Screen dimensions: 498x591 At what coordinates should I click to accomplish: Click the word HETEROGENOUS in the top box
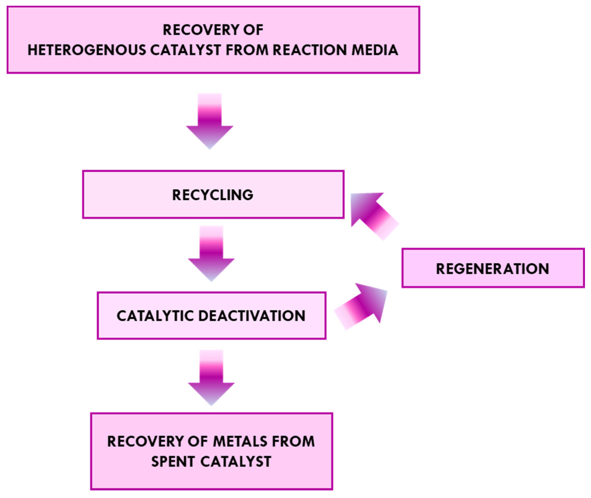click(x=87, y=50)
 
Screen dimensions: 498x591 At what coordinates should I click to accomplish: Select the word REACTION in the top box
click(x=309, y=50)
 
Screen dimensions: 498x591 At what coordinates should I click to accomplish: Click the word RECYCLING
click(x=213, y=195)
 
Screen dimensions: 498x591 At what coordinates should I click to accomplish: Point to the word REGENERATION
click(x=493, y=269)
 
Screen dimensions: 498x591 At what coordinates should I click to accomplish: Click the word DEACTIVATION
click(x=252, y=316)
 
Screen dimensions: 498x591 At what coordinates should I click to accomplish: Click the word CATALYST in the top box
click(x=186, y=50)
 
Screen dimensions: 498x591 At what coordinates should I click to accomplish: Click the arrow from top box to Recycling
click(x=210, y=122)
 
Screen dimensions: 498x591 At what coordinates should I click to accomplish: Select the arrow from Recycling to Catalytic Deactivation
click(x=211, y=253)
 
